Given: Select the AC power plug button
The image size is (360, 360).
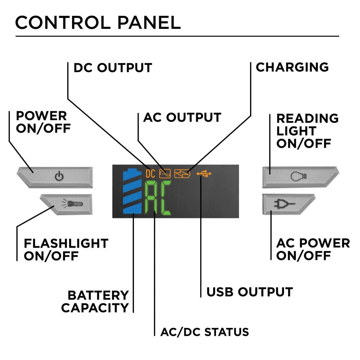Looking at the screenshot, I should tap(288, 204).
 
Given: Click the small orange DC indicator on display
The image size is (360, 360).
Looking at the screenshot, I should tap(150, 174).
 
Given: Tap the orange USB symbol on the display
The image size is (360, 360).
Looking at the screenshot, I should tap(204, 174).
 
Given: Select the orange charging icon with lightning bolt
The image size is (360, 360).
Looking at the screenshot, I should tap(182, 174).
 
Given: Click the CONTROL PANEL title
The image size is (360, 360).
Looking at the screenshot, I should tap(98, 22).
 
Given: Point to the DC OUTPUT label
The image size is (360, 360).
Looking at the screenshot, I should tap(113, 68).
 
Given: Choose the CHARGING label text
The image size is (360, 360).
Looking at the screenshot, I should tap(292, 67).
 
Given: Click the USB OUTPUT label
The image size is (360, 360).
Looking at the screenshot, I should tap(249, 292).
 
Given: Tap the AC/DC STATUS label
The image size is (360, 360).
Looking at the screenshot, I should tap(204, 332).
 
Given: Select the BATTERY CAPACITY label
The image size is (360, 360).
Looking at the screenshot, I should tap(95, 302).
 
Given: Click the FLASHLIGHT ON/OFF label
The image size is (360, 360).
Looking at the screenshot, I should tap(66, 249).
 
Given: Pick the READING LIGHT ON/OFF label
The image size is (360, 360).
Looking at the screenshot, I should tap(307, 131).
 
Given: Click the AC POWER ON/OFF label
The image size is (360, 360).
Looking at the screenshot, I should tap(312, 249).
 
